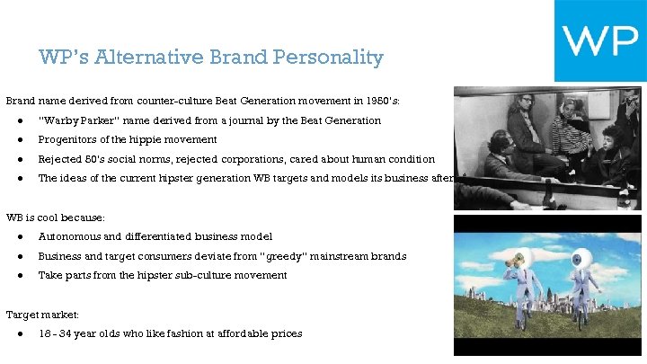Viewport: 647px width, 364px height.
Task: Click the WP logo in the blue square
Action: point(599,40)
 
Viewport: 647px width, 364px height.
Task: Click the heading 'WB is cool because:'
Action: point(56,218)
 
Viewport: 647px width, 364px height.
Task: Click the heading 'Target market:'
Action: point(42,315)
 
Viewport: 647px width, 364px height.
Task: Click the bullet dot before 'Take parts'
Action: point(20,275)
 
